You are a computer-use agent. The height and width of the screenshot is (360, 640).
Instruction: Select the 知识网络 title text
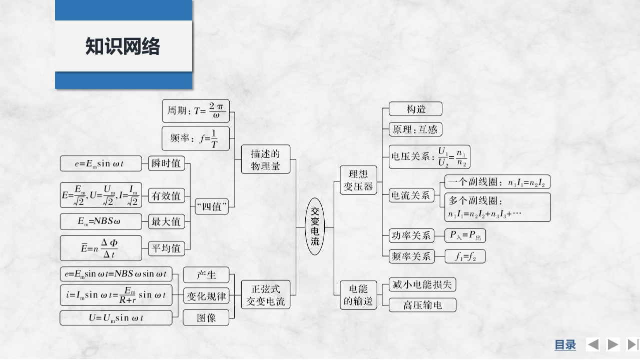[x=123, y=46]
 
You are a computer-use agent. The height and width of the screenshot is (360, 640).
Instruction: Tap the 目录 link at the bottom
[x=565, y=344]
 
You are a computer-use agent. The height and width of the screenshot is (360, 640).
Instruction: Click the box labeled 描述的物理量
[x=266, y=159]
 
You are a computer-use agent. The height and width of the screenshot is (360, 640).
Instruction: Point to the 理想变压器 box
[x=358, y=180]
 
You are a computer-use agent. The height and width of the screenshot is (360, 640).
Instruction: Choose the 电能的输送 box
[x=358, y=295]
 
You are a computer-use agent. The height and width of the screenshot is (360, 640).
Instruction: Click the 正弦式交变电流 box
[x=266, y=295]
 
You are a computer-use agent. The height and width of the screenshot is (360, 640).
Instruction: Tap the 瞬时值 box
[x=166, y=163]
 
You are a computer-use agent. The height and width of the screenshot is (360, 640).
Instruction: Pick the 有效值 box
[x=166, y=195]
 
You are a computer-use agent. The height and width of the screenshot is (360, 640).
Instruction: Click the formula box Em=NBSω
[x=101, y=221]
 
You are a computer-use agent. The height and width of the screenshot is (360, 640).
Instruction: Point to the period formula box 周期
[x=195, y=110]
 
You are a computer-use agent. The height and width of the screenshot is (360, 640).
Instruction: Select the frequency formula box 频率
[x=196, y=138]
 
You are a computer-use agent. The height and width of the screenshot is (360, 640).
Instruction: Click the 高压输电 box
[x=422, y=304]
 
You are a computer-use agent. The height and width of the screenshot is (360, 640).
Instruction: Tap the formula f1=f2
[x=465, y=256]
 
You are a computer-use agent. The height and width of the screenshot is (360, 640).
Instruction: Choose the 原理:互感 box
[x=415, y=129]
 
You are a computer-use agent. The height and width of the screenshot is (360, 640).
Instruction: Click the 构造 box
[x=416, y=109]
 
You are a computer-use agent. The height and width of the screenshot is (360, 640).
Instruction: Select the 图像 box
[x=206, y=317]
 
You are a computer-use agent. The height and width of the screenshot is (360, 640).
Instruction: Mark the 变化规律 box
[x=206, y=296]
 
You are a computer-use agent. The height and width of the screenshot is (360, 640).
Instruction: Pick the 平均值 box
[x=166, y=248]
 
